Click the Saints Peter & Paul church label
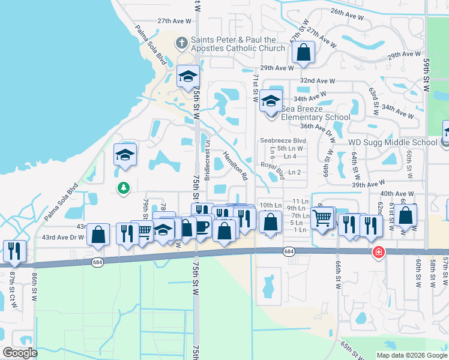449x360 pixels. pos(238,44)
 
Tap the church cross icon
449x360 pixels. pos(181,43)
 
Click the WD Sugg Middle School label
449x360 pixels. pos(393,142)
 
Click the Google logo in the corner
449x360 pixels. pos(20,353)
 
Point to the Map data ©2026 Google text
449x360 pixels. pos(412,355)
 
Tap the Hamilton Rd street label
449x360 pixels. pos(236,166)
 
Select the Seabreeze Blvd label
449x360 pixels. pos(283,140)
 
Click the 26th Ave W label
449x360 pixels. pos(345,12)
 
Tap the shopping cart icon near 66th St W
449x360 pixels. pos(322,218)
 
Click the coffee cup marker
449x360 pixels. pos(202,226)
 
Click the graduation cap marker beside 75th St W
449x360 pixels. pos(188,76)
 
